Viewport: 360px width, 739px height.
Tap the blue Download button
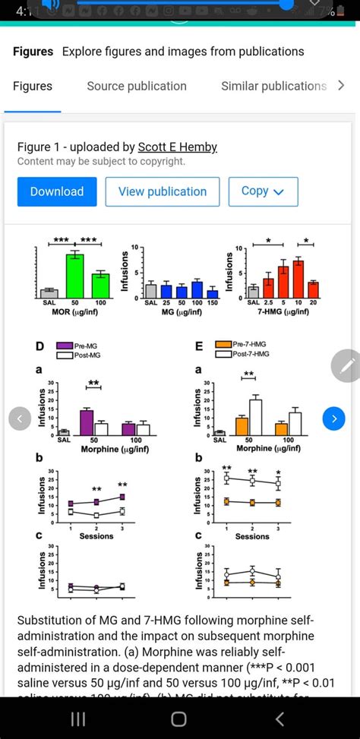[x=57, y=191]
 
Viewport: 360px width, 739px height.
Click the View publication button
[x=163, y=191]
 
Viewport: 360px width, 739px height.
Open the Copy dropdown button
[x=262, y=191]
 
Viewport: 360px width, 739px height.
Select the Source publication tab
[x=137, y=86]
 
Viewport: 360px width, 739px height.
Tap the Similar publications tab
[x=273, y=86]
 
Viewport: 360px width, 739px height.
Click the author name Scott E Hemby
[x=178, y=147]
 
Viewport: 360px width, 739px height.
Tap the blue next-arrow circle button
[x=334, y=418]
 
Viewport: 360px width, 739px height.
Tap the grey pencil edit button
[x=346, y=366]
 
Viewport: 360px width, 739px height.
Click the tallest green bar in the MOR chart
[x=74, y=276]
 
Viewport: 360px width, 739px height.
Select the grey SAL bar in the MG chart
[x=151, y=290]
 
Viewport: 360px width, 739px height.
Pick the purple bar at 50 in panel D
[x=87, y=422]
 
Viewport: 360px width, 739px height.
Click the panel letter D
[x=39, y=346]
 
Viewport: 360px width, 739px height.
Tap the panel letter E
[x=200, y=346]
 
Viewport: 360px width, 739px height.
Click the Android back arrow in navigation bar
[x=280, y=718]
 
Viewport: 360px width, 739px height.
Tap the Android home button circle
[x=179, y=718]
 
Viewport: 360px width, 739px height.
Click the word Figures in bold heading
[x=33, y=52]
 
